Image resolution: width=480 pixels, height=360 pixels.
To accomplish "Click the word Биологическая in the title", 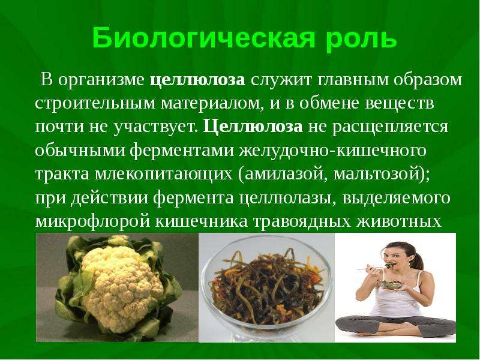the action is [x=203, y=38].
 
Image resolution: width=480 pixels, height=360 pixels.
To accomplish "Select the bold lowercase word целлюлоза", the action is [x=198, y=80].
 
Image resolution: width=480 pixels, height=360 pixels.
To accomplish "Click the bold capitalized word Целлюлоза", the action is [x=253, y=127].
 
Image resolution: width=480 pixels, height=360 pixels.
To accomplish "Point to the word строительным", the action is [x=95, y=103].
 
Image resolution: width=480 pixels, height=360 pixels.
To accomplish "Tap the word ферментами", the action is [x=182, y=151].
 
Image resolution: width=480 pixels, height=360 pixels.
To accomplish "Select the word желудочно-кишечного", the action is [x=332, y=151].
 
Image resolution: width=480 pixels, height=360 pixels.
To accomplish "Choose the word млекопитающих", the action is [x=163, y=175].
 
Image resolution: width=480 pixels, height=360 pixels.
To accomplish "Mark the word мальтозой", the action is [x=376, y=174].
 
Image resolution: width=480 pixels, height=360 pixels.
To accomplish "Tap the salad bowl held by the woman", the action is [x=390, y=284].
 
